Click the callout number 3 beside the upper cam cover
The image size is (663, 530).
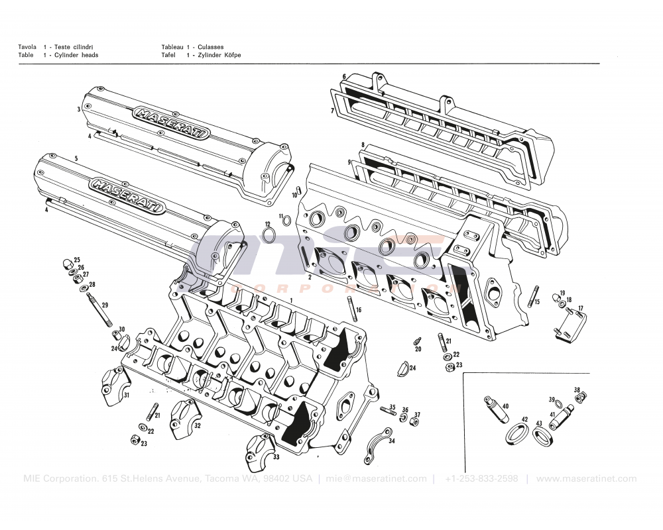pos(79,109)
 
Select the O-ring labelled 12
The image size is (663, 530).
pos(270,235)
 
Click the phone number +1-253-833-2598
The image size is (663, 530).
pos(481,479)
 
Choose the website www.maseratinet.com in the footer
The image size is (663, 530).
pos(586,479)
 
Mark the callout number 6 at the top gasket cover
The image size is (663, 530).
pos(345,76)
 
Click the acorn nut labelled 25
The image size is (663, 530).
pos(68,263)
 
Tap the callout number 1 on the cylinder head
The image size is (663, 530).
pos(290,300)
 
